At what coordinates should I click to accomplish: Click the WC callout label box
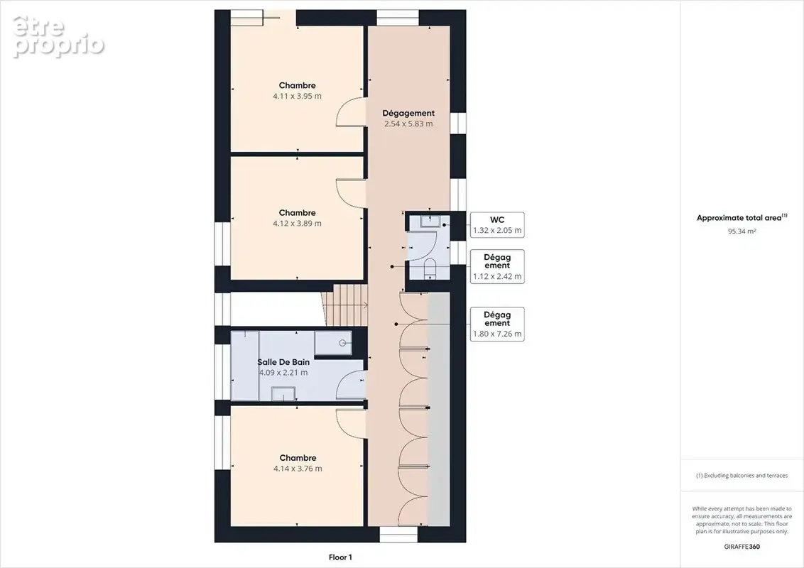[x=497, y=224]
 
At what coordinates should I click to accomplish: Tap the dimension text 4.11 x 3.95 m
[x=298, y=96]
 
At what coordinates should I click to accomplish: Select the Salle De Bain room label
[x=283, y=362]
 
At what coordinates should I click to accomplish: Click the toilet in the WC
[x=430, y=268]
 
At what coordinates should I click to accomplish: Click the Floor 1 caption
[x=340, y=557]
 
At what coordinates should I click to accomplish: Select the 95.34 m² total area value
[x=741, y=231]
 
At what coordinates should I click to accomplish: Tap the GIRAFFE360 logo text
[x=742, y=547]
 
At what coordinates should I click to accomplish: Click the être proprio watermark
[x=58, y=36]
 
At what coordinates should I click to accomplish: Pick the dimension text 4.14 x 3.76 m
[x=298, y=469]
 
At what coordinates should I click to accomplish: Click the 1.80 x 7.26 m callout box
[x=497, y=324]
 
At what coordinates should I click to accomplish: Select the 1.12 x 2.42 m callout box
[x=497, y=266]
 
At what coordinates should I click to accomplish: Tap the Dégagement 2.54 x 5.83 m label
[x=408, y=119]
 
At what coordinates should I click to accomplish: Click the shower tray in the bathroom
[x=333, y=343]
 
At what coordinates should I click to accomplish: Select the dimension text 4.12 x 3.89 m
[x=298, y=224]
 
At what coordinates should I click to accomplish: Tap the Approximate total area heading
[x=741, y=218]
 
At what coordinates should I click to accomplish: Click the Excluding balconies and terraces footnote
[x=741, y=476]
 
